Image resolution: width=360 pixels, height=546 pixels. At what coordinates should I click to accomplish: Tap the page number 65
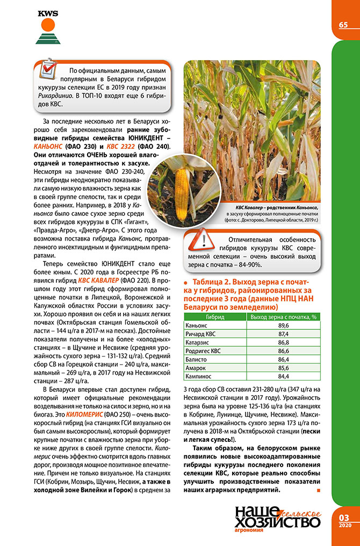coord(343,25)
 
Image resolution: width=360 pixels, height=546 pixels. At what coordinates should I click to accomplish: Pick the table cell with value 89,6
coord(284,325)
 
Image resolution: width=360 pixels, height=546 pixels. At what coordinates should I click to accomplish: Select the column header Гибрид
coord(215,317)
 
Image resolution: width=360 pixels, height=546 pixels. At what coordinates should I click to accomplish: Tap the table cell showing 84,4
coord(284,376)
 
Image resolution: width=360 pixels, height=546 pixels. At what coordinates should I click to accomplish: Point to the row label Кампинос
coord(198,376)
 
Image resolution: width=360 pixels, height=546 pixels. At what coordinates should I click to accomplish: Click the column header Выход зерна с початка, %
coord(284,317)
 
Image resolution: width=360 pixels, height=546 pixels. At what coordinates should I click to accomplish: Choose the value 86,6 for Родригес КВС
coord(284,351)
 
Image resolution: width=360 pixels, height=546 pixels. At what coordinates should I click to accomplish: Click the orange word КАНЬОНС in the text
coord(48,145)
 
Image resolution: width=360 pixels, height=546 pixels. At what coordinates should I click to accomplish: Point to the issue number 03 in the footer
coord(344,516)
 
